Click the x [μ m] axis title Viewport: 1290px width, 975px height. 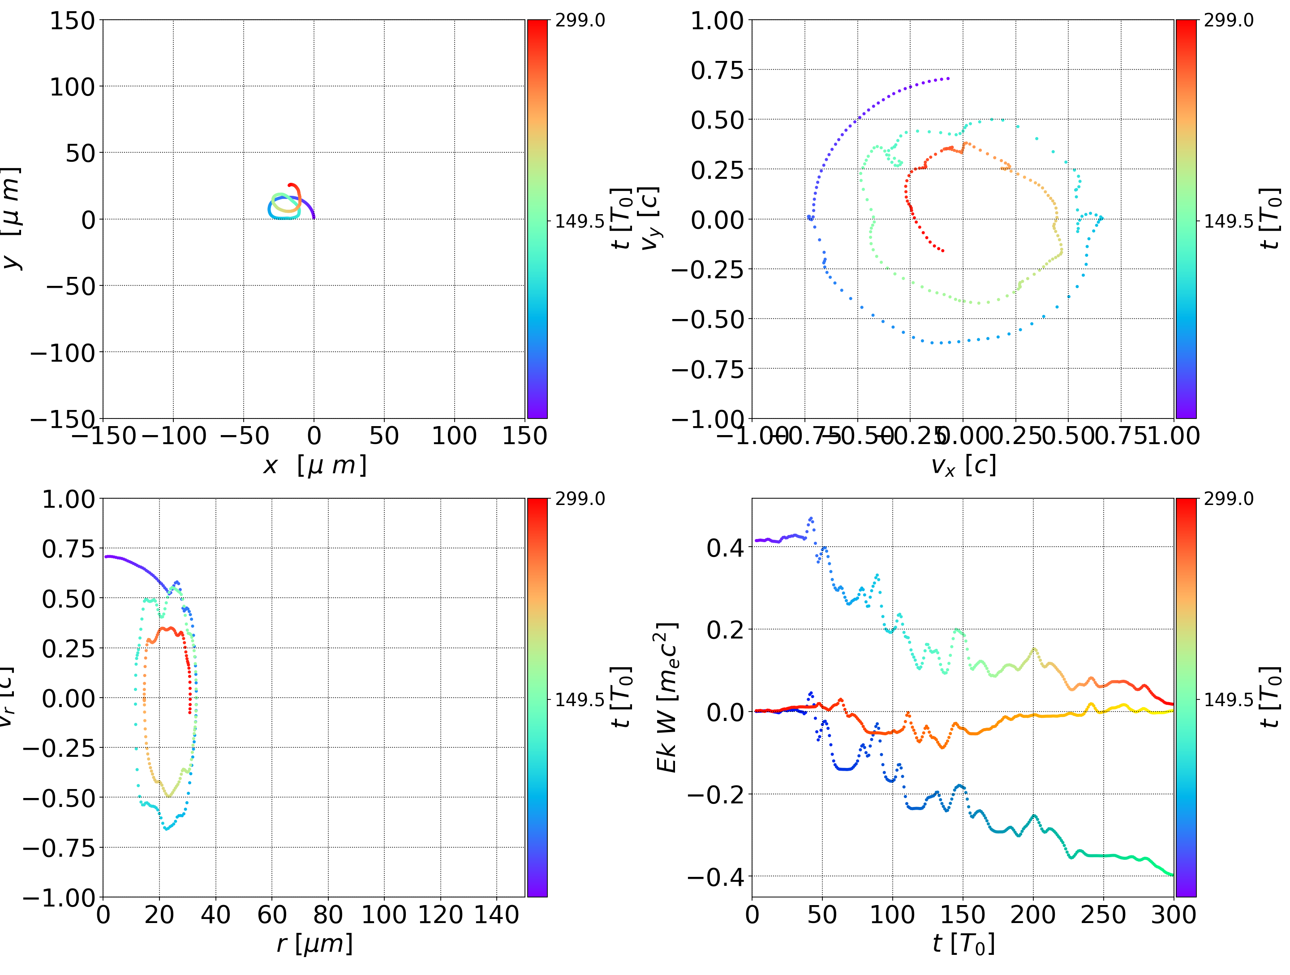pos(314,466)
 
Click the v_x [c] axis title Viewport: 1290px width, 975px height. pos(963,466)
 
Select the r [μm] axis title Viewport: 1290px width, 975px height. pos(314,944)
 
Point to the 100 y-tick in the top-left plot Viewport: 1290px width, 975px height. pos(72,87)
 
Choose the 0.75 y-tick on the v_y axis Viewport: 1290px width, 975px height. pos(718,71)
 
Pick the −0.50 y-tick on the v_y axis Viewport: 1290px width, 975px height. pos(709,320)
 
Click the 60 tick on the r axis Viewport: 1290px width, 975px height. pos(272,915)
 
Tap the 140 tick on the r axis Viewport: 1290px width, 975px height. pos(496,915)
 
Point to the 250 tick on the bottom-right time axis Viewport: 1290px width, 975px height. pos(1103,915)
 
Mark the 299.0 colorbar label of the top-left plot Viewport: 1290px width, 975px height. pos(580,21)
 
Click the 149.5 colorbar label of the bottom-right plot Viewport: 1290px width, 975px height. pos(1228,699)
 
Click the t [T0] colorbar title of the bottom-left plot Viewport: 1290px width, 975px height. pos(622,698)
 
